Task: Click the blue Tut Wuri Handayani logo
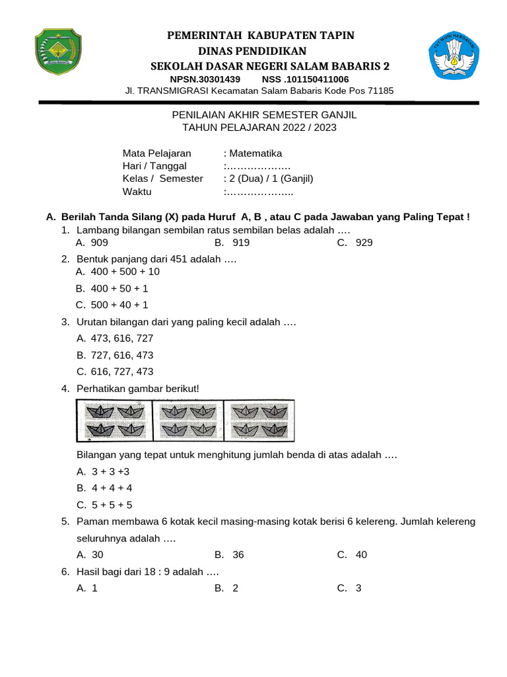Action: [x=456, y=58]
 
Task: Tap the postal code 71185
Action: [x=380, y=91]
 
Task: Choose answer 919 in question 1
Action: [x=240, y=243]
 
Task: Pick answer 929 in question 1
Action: [x=364, y=243]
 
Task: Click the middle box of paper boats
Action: [x=188, y=420]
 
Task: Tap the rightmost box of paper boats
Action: [x=259, y=420]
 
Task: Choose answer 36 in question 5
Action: [x=238, y=555]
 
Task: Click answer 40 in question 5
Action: [x=360, y=555]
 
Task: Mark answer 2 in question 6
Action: [x=235, y=588]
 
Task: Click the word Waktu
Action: [x=137, y=192]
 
